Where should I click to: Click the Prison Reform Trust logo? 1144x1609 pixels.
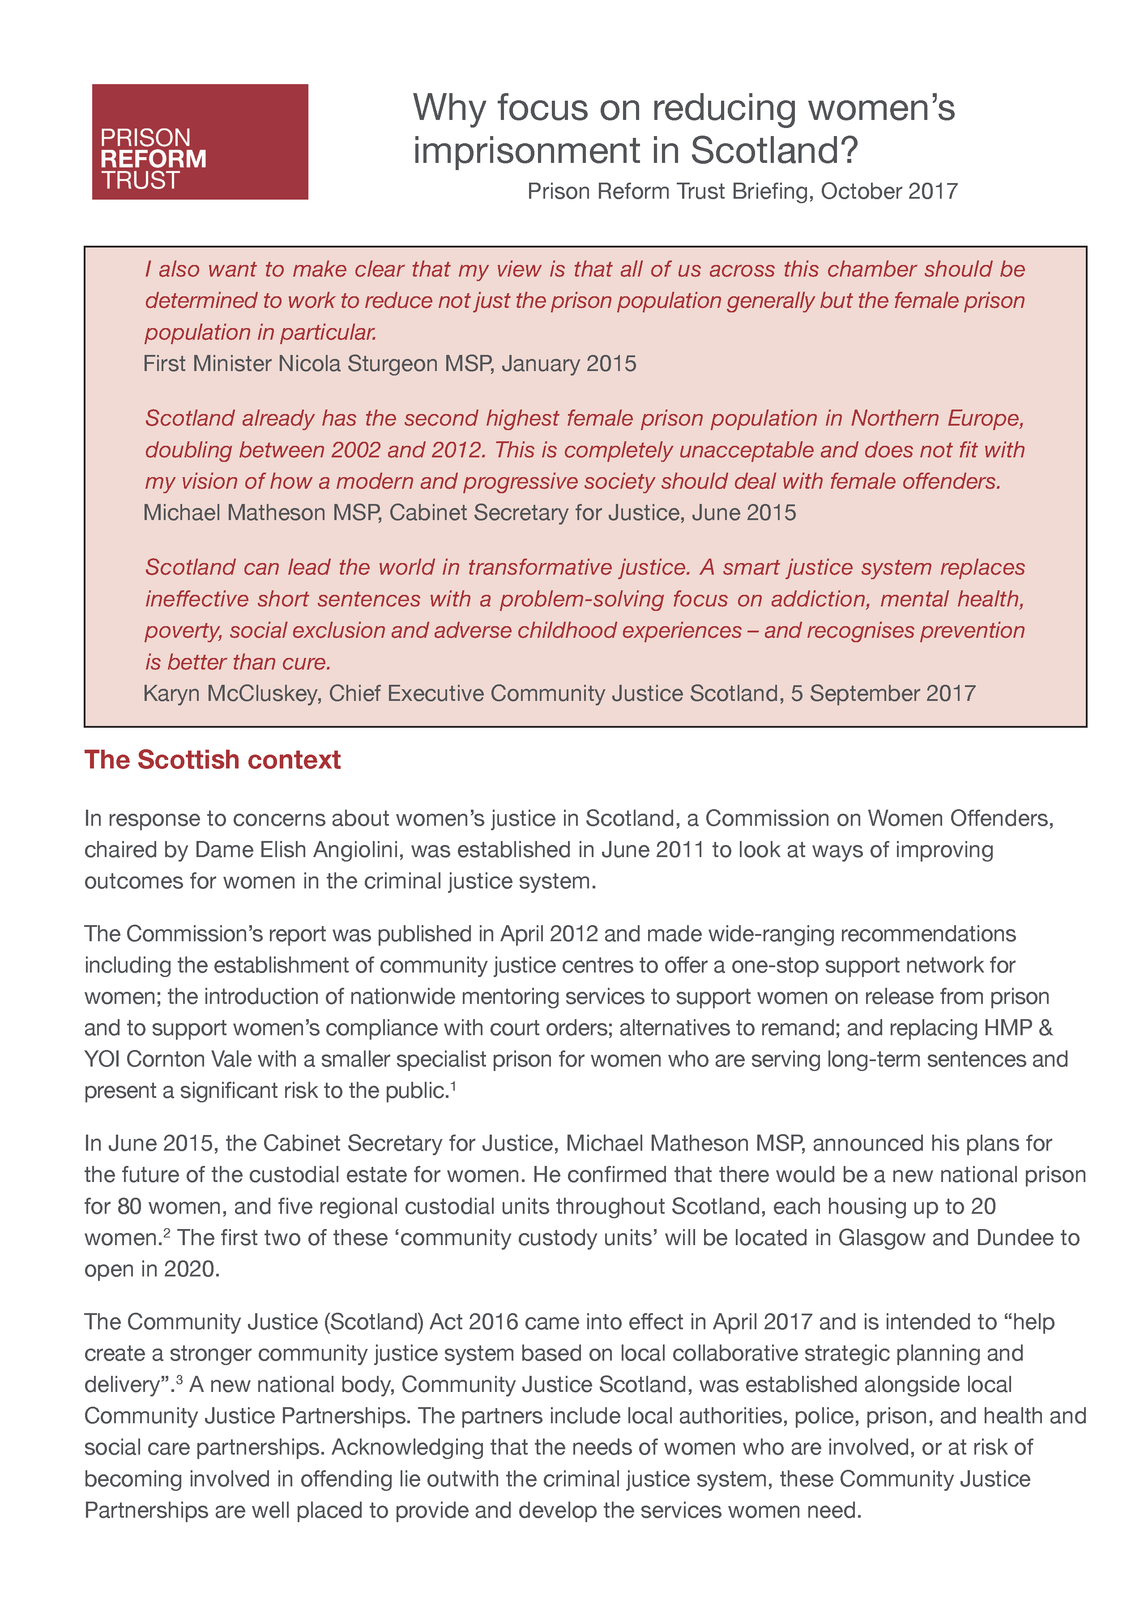point(200,141)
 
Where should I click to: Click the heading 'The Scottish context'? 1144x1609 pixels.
point(212,760)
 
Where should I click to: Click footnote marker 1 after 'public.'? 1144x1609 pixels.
point(454,1086)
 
